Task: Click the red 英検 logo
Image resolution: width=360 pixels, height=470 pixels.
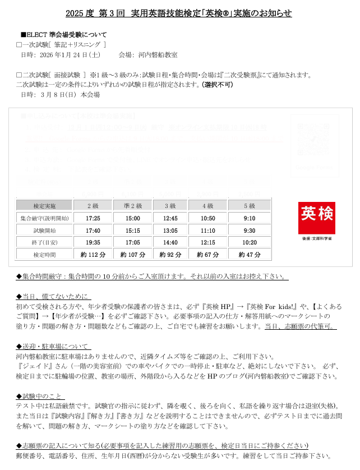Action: tap(316, 218)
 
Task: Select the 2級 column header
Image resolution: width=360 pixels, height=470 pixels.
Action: tap(94, 206)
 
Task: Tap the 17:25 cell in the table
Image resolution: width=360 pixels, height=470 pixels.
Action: tap(94, 218)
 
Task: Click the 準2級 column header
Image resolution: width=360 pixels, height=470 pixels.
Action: tap(133, 206)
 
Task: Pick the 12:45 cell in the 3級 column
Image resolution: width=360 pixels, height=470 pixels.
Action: tap(171, 218)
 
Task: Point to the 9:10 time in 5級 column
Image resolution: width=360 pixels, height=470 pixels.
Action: tap(250, 218)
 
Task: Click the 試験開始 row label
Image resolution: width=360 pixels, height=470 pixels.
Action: tap(44, 231)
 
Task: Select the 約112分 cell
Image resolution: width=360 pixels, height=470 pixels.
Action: tap(94, 255)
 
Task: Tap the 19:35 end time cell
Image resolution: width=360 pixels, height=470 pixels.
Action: tap(94, 242)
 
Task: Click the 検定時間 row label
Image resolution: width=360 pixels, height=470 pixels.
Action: tap(44, 255)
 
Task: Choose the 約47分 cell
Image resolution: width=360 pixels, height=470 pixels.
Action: tap(250, 255)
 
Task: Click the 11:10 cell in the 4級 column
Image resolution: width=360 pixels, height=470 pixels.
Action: tap(208, 231)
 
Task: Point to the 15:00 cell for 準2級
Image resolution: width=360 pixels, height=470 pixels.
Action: tap(133, 218)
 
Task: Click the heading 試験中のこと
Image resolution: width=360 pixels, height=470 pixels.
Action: tap(42, 396)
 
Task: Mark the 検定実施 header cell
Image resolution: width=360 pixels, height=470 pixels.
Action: tap(44, 206)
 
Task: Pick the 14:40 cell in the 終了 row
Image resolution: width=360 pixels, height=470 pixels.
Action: tap(171, 242)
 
